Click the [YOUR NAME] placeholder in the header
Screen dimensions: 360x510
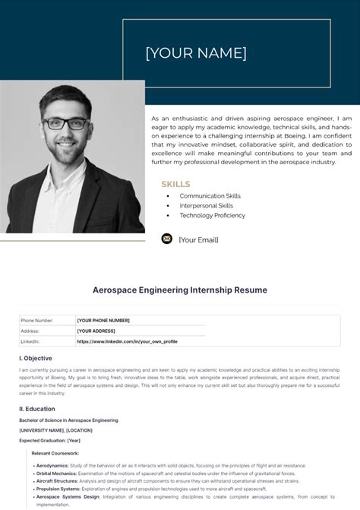(x=196, y=53)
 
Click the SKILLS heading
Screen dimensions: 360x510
(x=175, y=184)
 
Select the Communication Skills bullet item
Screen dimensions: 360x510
(x=210, y=196)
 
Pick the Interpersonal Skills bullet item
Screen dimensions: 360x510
(x=206, y=206)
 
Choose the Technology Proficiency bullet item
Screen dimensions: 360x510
(x=212, y=216)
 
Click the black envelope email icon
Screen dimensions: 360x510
(x=167, y=239)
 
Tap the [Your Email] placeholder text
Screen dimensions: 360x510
(x=198, y=239)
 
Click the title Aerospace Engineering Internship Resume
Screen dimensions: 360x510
(x=180, y=290)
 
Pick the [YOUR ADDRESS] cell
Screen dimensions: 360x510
(x=96, y=331)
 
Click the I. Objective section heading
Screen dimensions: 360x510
(x=36, y=358)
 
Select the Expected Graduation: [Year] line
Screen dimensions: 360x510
(x=50, y=440)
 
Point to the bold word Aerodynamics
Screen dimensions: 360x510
(x=53, y=465)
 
